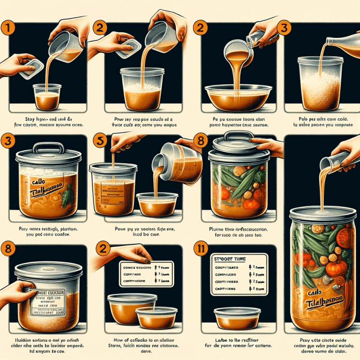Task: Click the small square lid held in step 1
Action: coord(25,68)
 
